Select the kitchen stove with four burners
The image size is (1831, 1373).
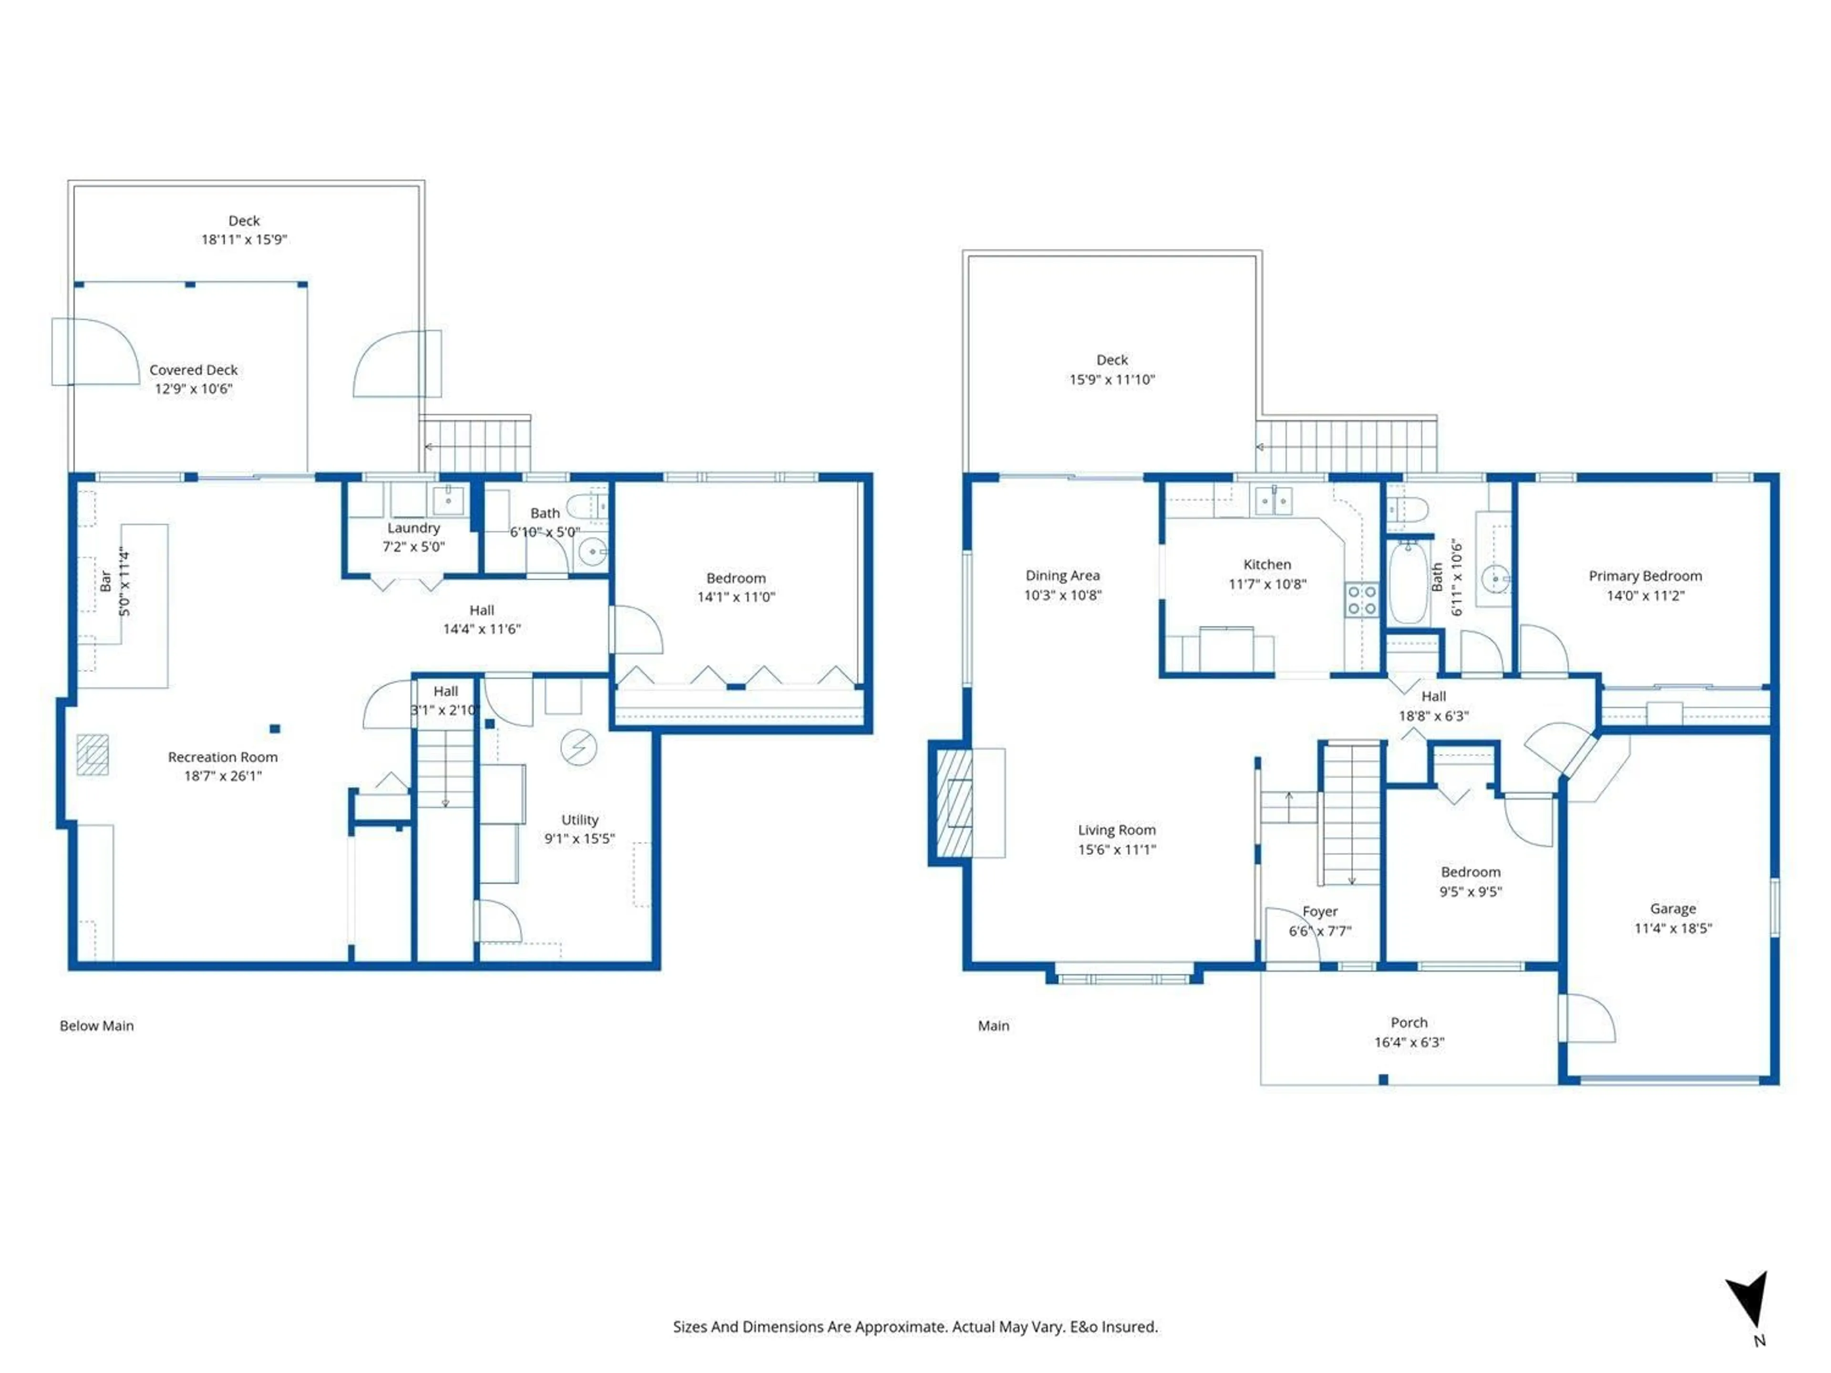pos(1361,600)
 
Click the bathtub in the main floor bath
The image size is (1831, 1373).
pos(1408,584)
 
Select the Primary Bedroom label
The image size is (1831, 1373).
pos(1645,576)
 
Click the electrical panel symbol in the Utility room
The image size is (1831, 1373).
pos(578,748)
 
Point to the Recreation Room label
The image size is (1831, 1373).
pos(223,757)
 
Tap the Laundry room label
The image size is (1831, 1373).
pos(413,528)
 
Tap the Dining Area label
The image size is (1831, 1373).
pos(1062,576)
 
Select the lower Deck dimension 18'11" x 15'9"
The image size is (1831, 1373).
pos(244,240)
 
